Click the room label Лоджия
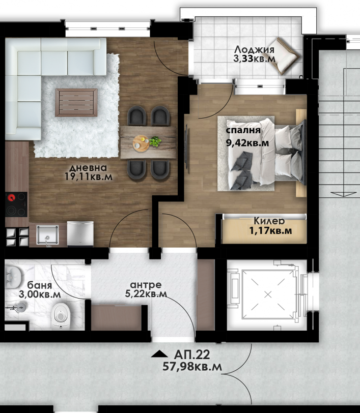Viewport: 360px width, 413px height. click(254, 50)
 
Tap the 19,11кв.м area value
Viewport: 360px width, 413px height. click(89, 176)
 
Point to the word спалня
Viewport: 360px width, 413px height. click(243, 130)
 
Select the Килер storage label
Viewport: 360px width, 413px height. click(269, 221)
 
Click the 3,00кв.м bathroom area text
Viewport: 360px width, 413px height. click(40, 294)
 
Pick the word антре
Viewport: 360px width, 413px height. click(146, 285)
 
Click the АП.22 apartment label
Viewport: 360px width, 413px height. click(192, 355)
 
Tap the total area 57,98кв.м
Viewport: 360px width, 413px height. click(192, 367)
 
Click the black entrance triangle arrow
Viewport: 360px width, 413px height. click(159, 354)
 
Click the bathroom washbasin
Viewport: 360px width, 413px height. click(13, 277)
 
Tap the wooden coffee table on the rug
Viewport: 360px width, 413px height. click(76, 102)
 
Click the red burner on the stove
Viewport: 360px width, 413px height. click(11, 197)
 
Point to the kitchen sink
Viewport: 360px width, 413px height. click(47, 234)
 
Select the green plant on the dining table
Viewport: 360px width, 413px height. click(155, 141)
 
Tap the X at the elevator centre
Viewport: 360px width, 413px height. click(268, 294)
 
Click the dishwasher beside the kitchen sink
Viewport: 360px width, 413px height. click(80, 233)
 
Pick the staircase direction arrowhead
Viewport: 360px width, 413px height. click(343, 195)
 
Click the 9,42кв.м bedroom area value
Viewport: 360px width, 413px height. click(247, 143)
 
